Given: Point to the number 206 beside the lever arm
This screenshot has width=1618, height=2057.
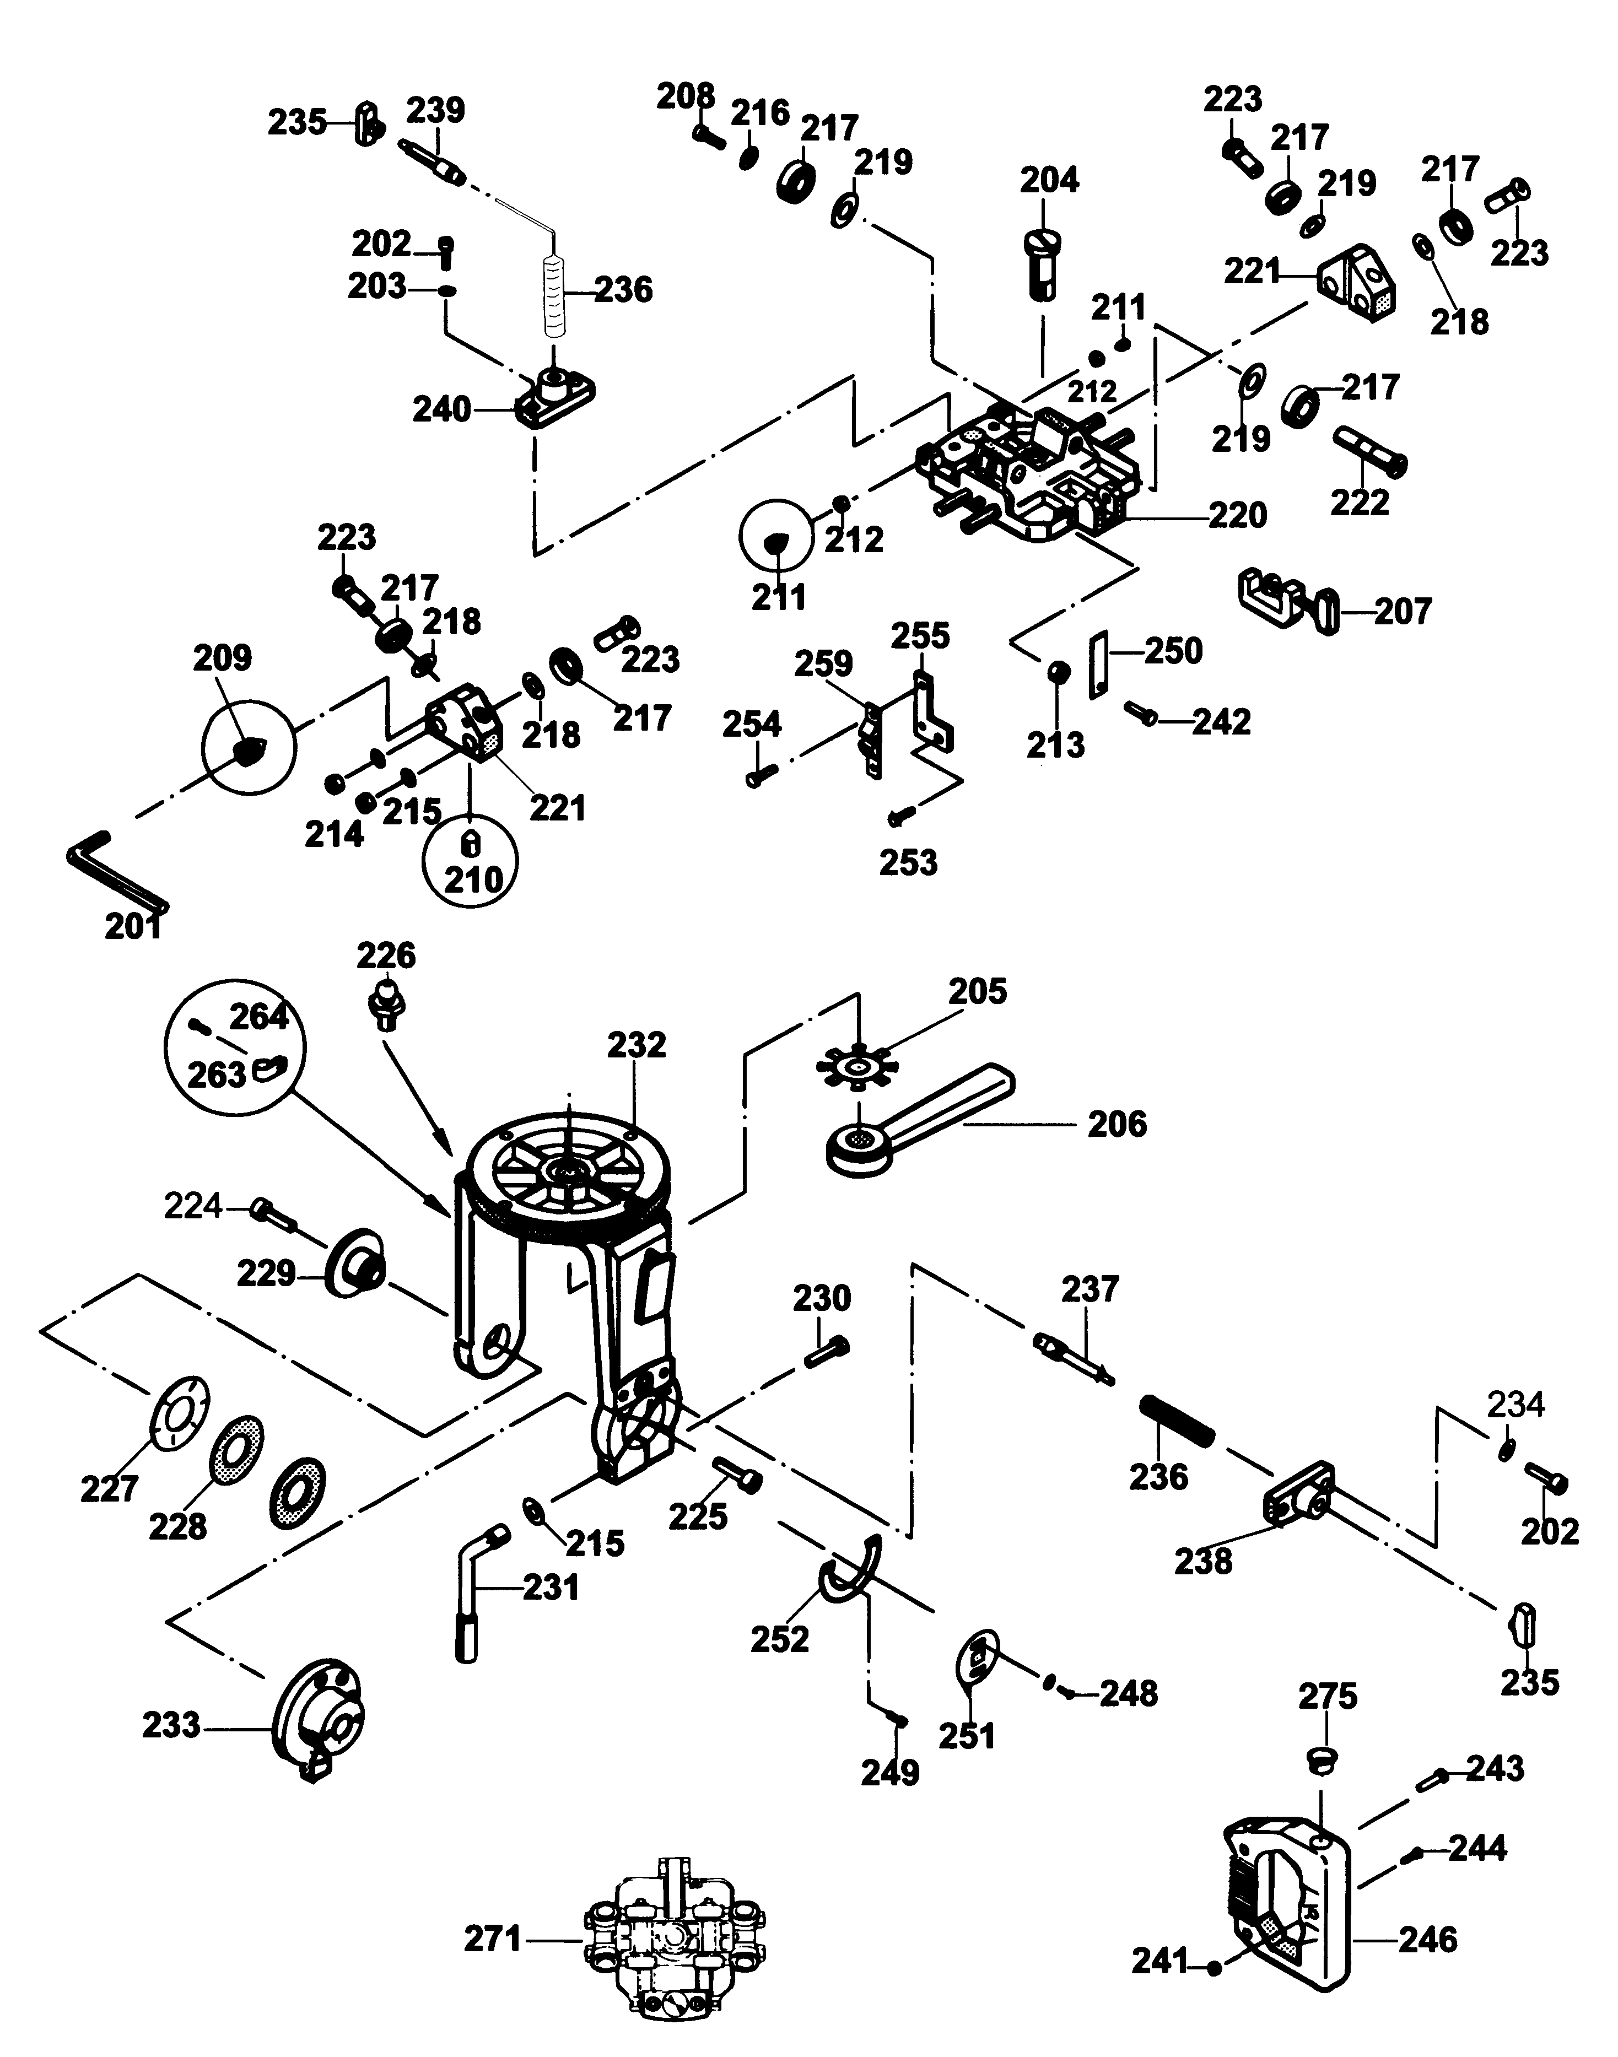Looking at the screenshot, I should [x=1117, y=1124].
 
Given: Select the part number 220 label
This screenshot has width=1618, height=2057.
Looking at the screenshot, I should [x=1237, y=515].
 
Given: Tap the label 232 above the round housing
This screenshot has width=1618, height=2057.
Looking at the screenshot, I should [x=637, y=1045].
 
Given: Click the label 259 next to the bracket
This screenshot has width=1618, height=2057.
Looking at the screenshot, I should [x=823, y=664].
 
